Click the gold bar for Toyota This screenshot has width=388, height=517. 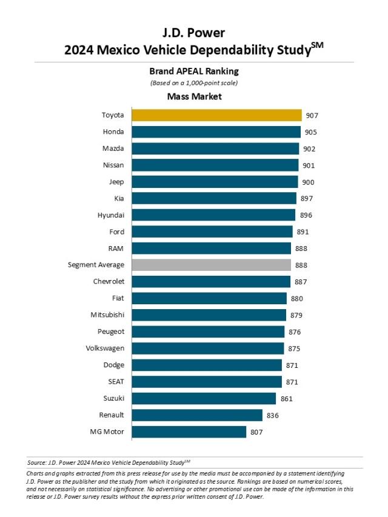(x=216, y=115)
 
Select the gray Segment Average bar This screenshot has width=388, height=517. (x=211, y=265)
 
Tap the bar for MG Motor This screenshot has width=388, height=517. (x=189, y=432)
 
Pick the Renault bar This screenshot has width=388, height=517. (x=197, y=415)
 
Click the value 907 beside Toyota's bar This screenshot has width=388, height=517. (x=312, y=115)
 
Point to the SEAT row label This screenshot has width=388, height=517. (x=115, y=382)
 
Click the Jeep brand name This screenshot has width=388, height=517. (x=116, y=182)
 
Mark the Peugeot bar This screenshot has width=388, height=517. (x=208, y=332)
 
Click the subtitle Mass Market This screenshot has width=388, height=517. (x=194, y=96)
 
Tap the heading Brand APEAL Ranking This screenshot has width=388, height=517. (x=194, y=71)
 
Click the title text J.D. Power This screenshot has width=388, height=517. (x=194, y=33)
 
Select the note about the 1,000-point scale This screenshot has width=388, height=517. (x=194, y=82)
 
